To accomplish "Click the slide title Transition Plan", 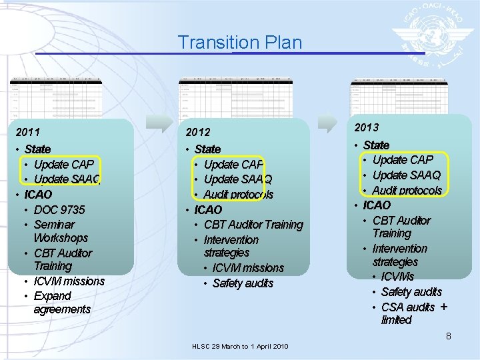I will [239, 43].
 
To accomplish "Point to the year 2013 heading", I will [367, 127].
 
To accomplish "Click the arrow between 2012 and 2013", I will [328, 123].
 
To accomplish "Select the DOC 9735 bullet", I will [59, 209].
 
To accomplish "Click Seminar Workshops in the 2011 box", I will [60, 231].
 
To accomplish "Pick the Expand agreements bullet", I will [61, 303].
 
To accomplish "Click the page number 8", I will [449, 337].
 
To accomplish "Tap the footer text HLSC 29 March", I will [239, 347].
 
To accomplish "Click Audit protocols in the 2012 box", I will [238, 195].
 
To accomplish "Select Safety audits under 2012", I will [243, 283].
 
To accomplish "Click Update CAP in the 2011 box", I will [63, 164].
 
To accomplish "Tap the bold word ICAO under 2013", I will [377, 205].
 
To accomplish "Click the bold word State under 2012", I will [207, 149].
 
